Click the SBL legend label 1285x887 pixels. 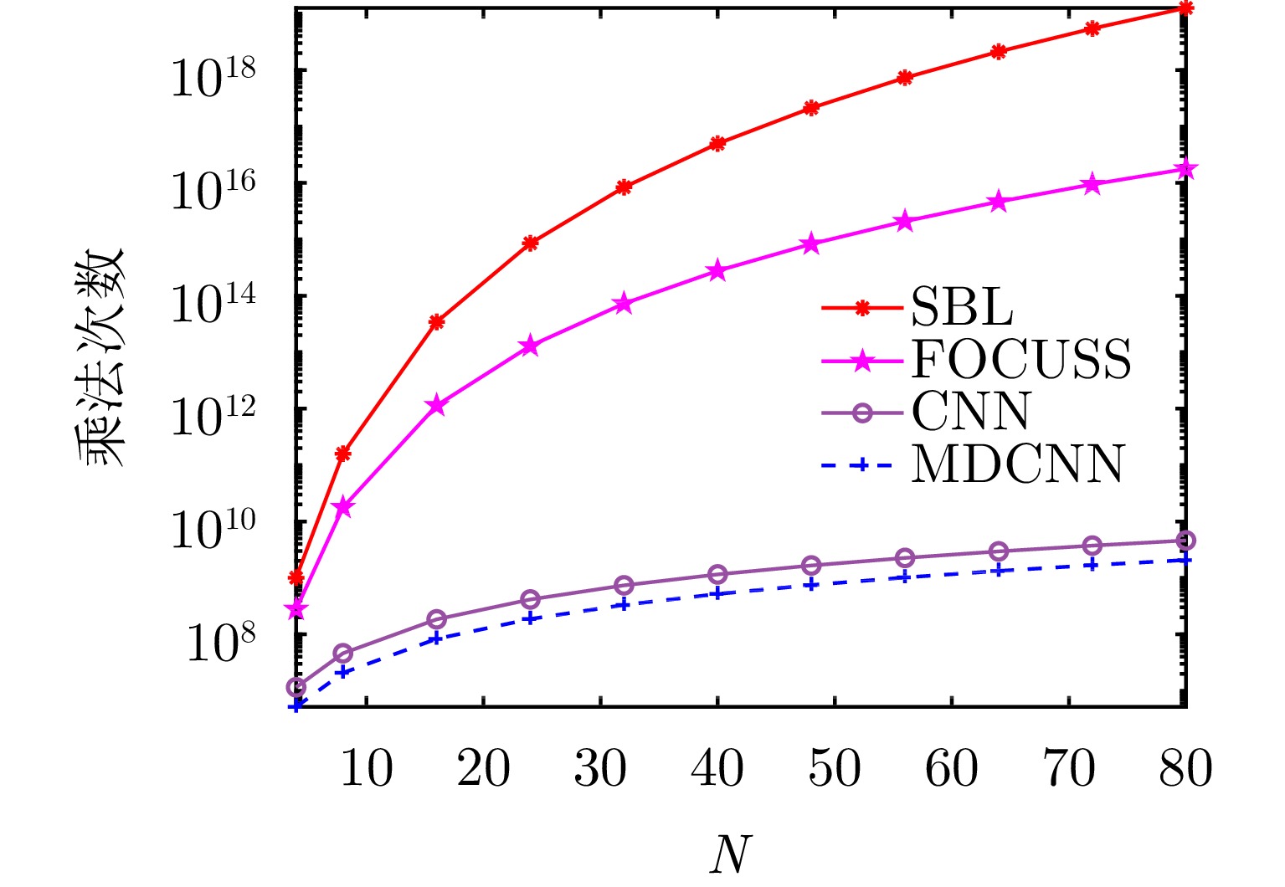[962, 308]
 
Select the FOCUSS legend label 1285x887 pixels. [1021, 359]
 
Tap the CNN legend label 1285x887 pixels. [971, 411]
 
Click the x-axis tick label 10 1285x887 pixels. [366, 767]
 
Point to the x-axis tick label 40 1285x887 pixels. [717, 767]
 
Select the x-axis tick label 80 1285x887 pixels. [1185, 767]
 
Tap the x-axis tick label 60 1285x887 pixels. [952, 767]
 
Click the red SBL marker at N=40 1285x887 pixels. [717, 143]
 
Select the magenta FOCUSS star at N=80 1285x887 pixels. [1185, 169]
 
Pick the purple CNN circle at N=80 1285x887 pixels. [1185, 541]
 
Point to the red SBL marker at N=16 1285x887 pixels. [436, 321]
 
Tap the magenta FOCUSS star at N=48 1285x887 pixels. [810, 244]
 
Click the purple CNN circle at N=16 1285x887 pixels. [436, 619]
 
